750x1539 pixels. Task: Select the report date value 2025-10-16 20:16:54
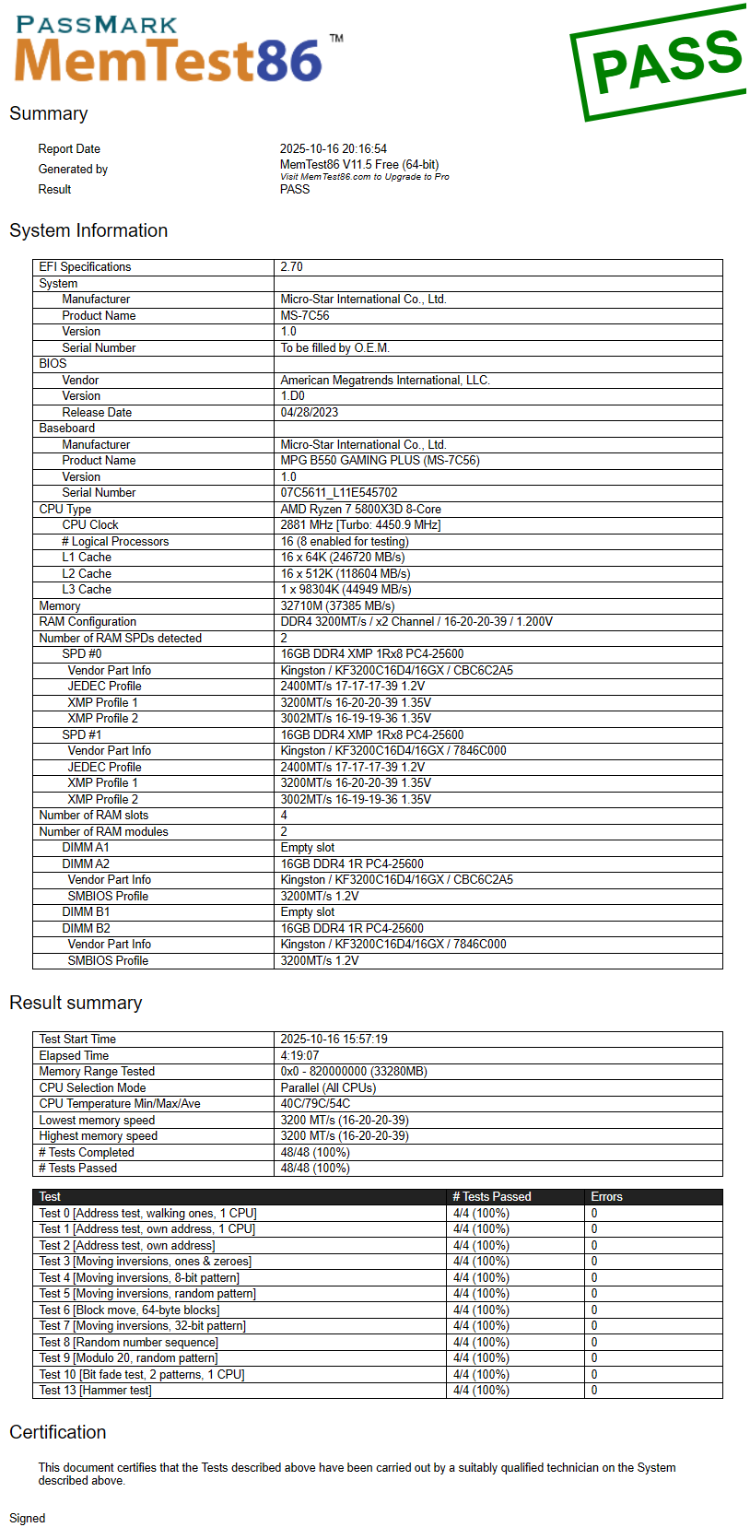tap(334, 148)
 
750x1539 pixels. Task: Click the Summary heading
tap(49, 113)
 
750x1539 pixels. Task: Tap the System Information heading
tap(88, 230)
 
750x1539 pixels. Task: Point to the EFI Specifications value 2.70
tap(291, 267)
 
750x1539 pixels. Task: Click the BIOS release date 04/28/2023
tap(310, 412)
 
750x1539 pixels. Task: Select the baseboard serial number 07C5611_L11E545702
tap(339, 493)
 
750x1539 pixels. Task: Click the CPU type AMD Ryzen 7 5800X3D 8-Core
tap(360, 509)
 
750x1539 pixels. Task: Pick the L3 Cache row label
tap(87, 590)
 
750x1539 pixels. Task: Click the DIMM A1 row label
tap(86, 848)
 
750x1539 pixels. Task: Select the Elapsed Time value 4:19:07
tap(299, 1055)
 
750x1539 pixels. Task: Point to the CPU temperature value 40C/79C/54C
tap(315, 1103)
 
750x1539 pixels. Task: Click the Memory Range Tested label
tap(97, 1072)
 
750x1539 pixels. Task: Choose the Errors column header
tap(606, 1196)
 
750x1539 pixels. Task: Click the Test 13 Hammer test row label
tap(95, 1391)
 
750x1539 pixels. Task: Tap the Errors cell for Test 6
tap(594, 1310)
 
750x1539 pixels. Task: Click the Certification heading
tap(58, 1432)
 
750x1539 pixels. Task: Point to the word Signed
tap(28, 1518)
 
